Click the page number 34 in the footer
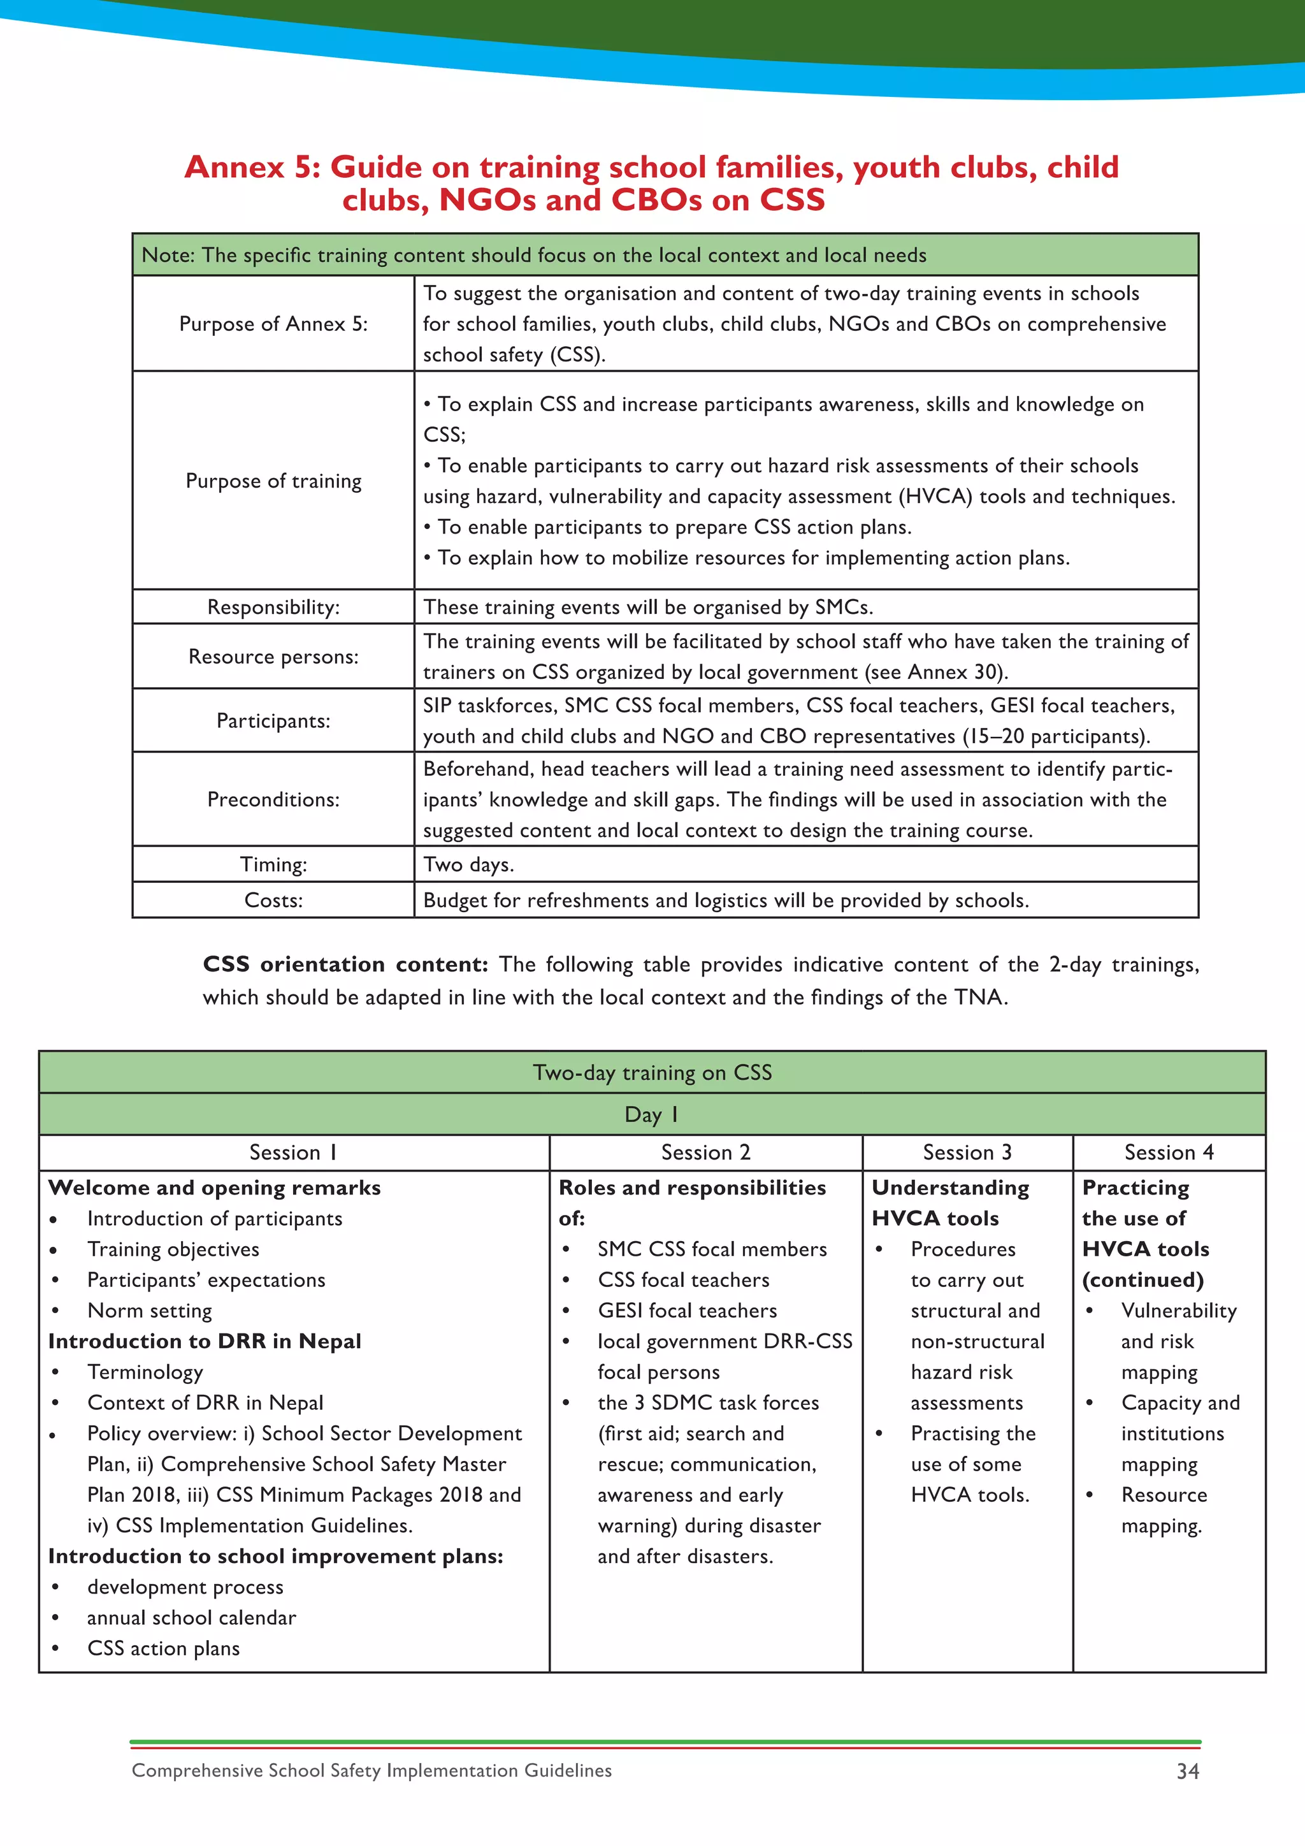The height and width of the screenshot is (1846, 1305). [x=1187, y=1771]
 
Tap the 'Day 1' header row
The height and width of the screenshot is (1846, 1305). [x=652, y=1114]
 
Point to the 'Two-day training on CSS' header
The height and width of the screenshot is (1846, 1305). [x=652, y=1073]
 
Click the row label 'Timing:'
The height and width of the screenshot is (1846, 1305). [x=273, y=864]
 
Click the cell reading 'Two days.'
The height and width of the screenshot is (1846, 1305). [x=468, y=864]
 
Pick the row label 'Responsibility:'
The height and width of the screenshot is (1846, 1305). [x=273, y=607]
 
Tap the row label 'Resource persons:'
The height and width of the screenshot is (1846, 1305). [x=273, y=657]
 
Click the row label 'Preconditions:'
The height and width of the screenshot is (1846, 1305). [x=273, y=799]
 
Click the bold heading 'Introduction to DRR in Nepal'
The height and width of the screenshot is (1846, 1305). [x=205, y=1341]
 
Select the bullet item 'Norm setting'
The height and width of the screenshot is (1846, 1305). [x=150, y=1311]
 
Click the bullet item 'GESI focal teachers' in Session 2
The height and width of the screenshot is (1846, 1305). [x=687, y=1311]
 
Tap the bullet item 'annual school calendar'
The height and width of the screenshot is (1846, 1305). [x=191, y=1618]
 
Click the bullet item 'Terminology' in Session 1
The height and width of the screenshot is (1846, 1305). [x=145, y=1372]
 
